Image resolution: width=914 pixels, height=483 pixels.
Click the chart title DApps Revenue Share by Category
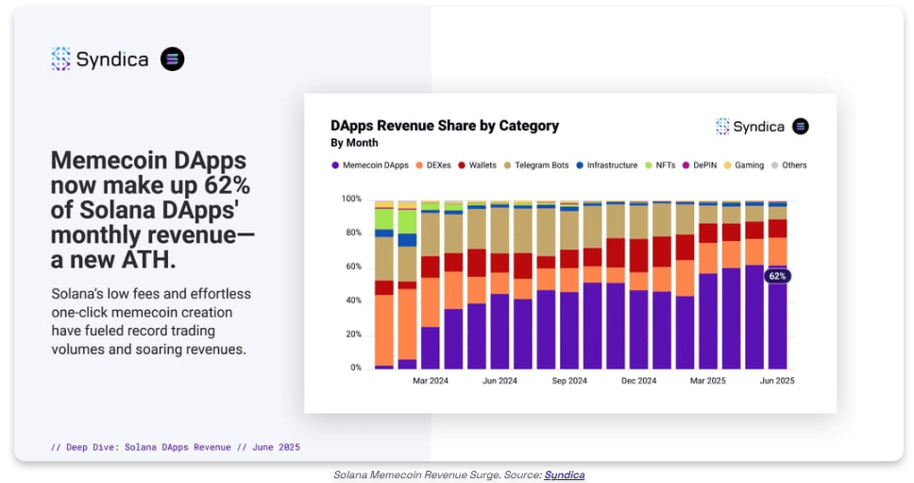tap(445, 126)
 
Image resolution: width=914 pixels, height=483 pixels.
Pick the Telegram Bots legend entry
tap(535, 165)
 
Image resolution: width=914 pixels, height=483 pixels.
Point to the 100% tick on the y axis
tap(351, 198)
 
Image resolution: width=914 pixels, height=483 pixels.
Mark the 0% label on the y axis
tap(355, 368)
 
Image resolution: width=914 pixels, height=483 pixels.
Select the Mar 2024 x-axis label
tap(431, 381)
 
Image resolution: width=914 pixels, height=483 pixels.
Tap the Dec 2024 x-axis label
tap(638, 381)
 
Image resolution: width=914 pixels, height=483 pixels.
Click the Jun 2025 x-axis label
tap(778, 381)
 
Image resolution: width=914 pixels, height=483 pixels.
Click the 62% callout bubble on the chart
tap(777, 276)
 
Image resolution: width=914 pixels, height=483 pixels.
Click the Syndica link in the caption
tap(564, 474)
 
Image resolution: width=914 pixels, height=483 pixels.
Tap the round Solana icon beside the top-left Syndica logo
tap(172, 60)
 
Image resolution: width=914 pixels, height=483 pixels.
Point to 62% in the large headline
tap(227, 185)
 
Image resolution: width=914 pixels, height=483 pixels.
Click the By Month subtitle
tap(354, 144)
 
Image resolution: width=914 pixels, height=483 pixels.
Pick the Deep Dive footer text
tap(176, 447)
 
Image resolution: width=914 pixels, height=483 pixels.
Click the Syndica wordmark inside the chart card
tap(759, 127)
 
